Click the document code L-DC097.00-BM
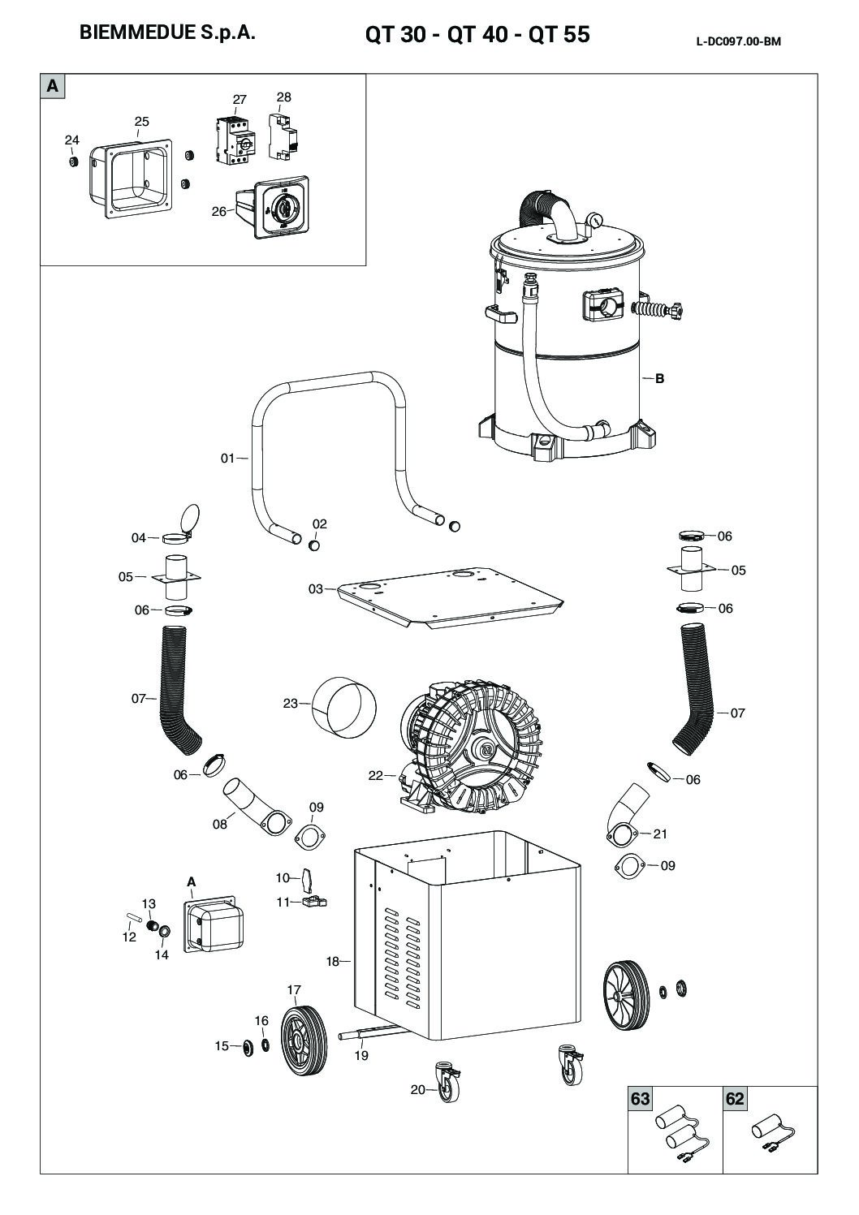[x=738, y=42]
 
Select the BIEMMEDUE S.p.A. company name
[x=168, y=34]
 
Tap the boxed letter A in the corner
[x=53, y=85]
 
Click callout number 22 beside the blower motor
[x=375, y=776]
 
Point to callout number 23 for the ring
[x=291, y=704]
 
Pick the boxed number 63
[x=641, y=1099]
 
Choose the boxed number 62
[x=735, y=1099]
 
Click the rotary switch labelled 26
[x=280, y=209]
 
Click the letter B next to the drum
[x=660, y=378]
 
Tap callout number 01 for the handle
[x=228, y=459]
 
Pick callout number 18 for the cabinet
[x=332, y=962]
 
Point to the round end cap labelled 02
[x=314, y=545]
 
